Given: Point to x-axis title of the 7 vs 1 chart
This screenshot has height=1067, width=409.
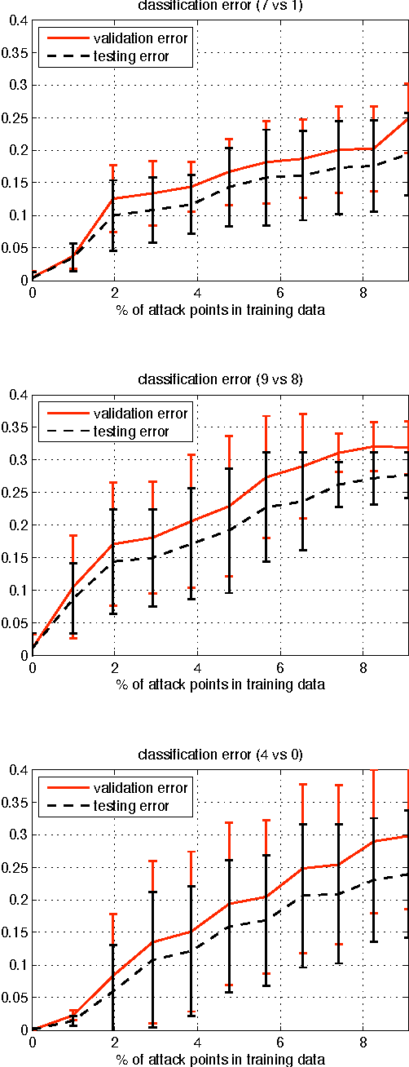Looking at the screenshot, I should pyautogui.click(x=220, y=308).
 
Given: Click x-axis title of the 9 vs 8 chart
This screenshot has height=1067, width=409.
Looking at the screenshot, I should pyautogui.click(x=220, y=684).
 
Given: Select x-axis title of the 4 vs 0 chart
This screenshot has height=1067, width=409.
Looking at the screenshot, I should pyautogui.click(x=220, y=1058).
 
